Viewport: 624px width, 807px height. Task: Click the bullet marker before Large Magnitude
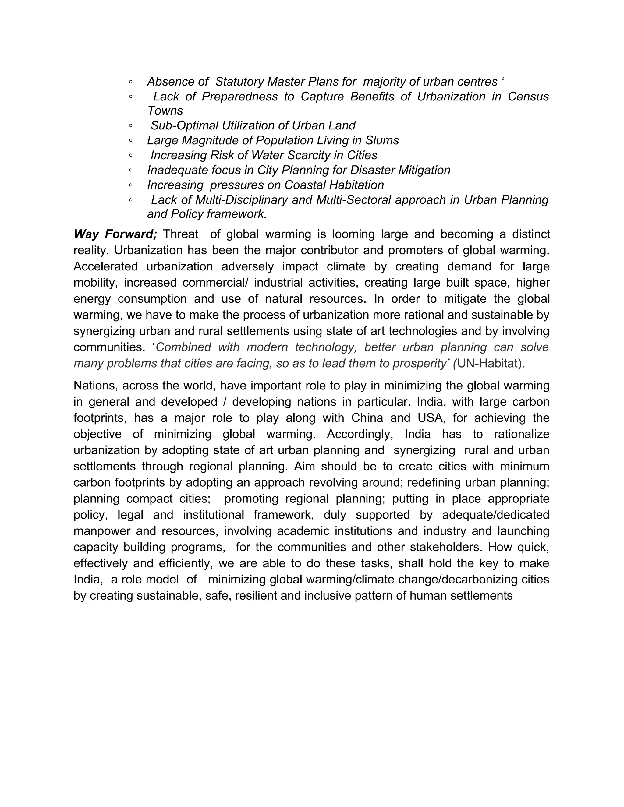(131, 140)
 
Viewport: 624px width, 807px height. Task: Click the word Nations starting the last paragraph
(94, 386)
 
